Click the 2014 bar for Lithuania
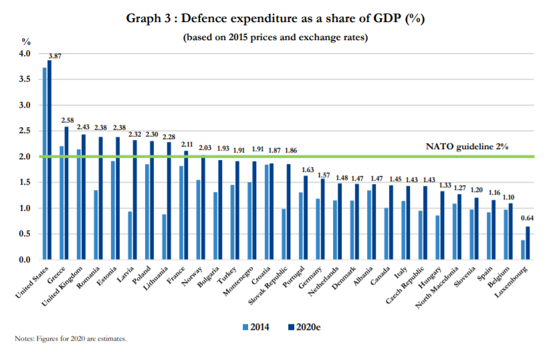164,237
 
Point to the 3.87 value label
55,56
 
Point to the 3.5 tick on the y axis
24,80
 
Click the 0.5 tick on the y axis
24,234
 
